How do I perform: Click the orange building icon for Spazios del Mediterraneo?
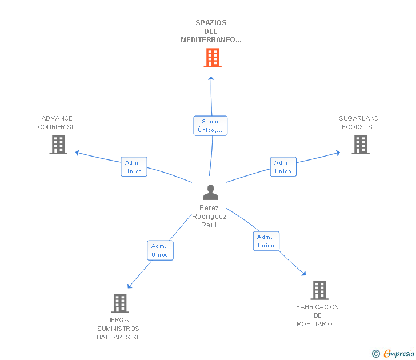point(213,58)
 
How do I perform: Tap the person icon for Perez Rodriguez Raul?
point(210,193)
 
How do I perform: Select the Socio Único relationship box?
point(210,126)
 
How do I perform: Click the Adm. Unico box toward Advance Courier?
point(134,167)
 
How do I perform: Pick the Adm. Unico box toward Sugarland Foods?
point(283,167)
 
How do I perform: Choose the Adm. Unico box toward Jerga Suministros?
point(160,250)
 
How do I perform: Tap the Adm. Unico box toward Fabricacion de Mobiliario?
point(266,241)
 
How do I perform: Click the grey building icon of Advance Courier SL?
point(58,145)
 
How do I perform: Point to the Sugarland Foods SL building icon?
point(361,145)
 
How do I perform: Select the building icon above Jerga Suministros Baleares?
point(120,303)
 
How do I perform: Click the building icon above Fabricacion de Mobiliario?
point(319,290)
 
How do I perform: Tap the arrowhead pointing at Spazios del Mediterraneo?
point(211,78)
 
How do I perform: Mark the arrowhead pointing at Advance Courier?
point(77,153)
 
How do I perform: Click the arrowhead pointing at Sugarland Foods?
point(338,153)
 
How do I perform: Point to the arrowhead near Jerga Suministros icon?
point(129,286)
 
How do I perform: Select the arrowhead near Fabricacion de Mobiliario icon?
point(304,274)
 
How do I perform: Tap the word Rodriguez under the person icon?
point(209,217)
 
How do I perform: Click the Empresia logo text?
point(399,353)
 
